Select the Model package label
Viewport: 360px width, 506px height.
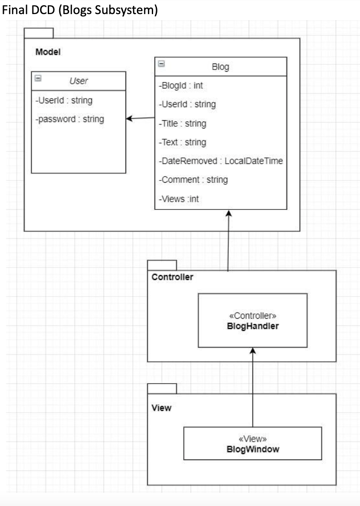[x=48, y=52]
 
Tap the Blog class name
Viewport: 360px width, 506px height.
[x=220, y=67]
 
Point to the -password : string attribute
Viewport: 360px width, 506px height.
[x=70, y=119]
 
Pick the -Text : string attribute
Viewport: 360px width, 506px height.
[x=182, y=142]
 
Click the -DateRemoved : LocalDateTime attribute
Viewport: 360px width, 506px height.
[x=220, y=161]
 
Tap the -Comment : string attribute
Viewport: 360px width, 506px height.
[x=193, y=180]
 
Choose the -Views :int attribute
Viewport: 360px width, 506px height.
[x=178, y=198]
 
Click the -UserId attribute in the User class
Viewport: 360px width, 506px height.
[x=64, y=101]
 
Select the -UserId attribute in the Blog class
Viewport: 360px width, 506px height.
[x=187, y=104]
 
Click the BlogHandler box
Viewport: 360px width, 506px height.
[x=253, y=320]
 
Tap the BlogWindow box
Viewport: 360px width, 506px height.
[x=253, y=444]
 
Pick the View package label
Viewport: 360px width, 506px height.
[x=161, y=408]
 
